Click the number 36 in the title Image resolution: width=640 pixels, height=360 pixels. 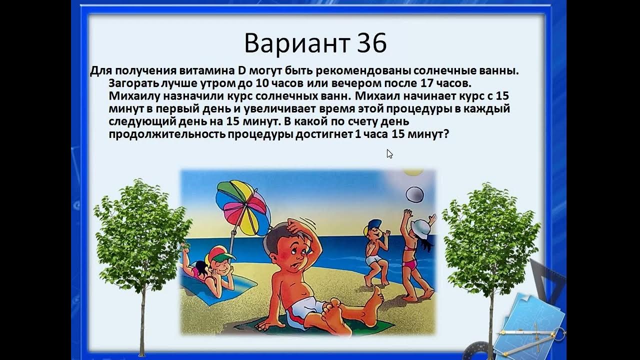coord(372,44)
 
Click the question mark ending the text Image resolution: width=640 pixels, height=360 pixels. coord(446,134)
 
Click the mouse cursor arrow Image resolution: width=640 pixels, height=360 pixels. coord(389,154)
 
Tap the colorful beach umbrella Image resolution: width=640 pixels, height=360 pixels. coord(241,206)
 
